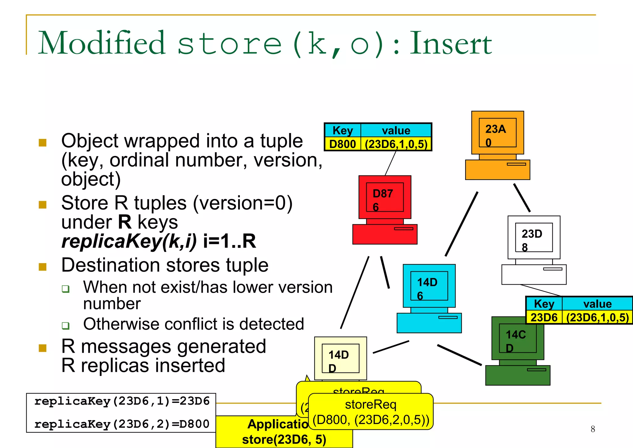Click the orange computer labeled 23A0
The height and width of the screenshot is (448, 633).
coord(497,145)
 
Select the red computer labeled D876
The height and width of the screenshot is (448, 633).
coord(385,210)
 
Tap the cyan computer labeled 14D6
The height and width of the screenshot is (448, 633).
coord(429,299)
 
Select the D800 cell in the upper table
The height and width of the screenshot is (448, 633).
coord(342,144)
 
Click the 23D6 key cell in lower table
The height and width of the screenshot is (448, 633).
coord(544,317)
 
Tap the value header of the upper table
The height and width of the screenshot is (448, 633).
coord(396,130)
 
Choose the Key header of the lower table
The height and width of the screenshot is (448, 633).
coord(544,304)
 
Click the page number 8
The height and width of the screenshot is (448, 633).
coord(593,429)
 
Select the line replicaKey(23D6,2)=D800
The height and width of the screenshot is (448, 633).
coord(122,424)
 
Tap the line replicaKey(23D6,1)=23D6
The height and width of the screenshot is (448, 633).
coord(122,401)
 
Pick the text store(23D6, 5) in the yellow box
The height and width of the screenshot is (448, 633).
coord(284,439)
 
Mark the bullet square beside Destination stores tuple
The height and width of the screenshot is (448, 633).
coord(43,267)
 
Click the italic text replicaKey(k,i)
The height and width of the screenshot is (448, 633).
coord(129,241)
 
